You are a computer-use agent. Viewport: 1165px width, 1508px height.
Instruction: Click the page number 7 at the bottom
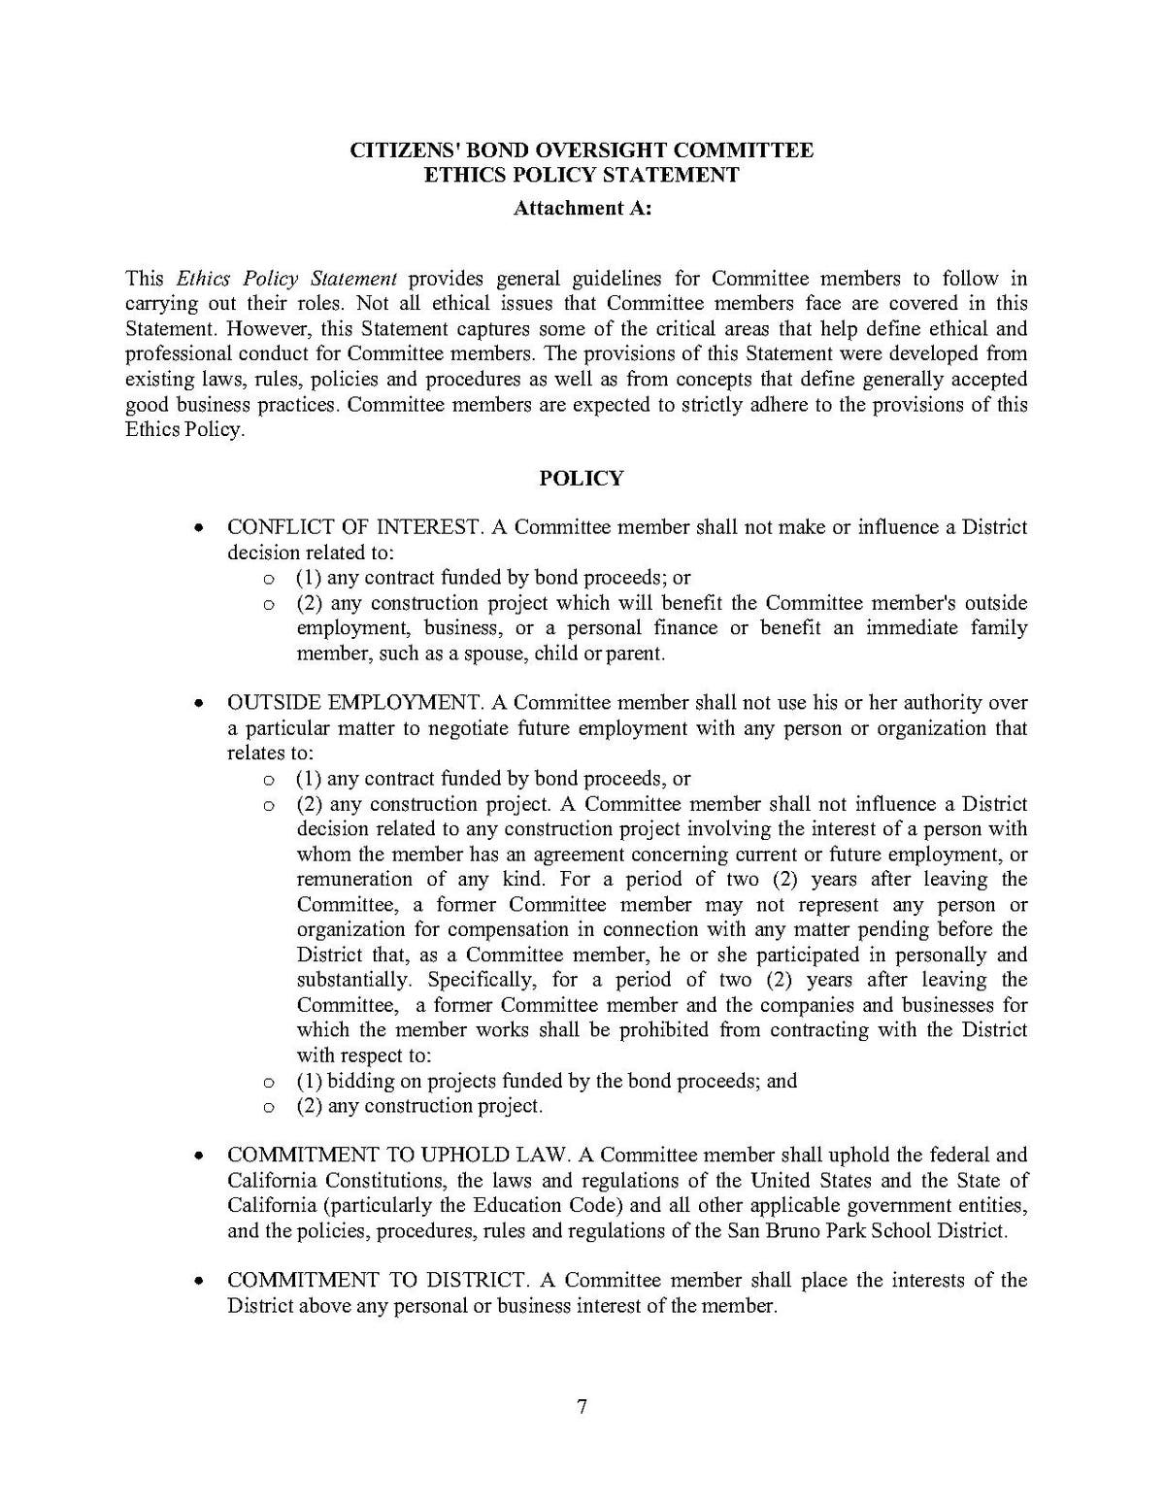[582, 1407]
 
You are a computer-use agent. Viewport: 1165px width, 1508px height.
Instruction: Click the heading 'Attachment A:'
[582, 208]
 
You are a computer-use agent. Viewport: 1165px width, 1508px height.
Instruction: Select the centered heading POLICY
[582, 478]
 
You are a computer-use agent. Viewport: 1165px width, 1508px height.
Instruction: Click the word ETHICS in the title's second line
[463, 175]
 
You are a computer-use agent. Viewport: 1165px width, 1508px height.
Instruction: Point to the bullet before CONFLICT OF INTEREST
[198, 529]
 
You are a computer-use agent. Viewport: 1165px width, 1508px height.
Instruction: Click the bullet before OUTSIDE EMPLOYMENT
[198, 703]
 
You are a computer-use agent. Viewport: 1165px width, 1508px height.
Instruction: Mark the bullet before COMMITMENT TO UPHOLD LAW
[198, 1156]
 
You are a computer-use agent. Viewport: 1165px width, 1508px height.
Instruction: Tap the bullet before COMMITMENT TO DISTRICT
[198, 1282]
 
